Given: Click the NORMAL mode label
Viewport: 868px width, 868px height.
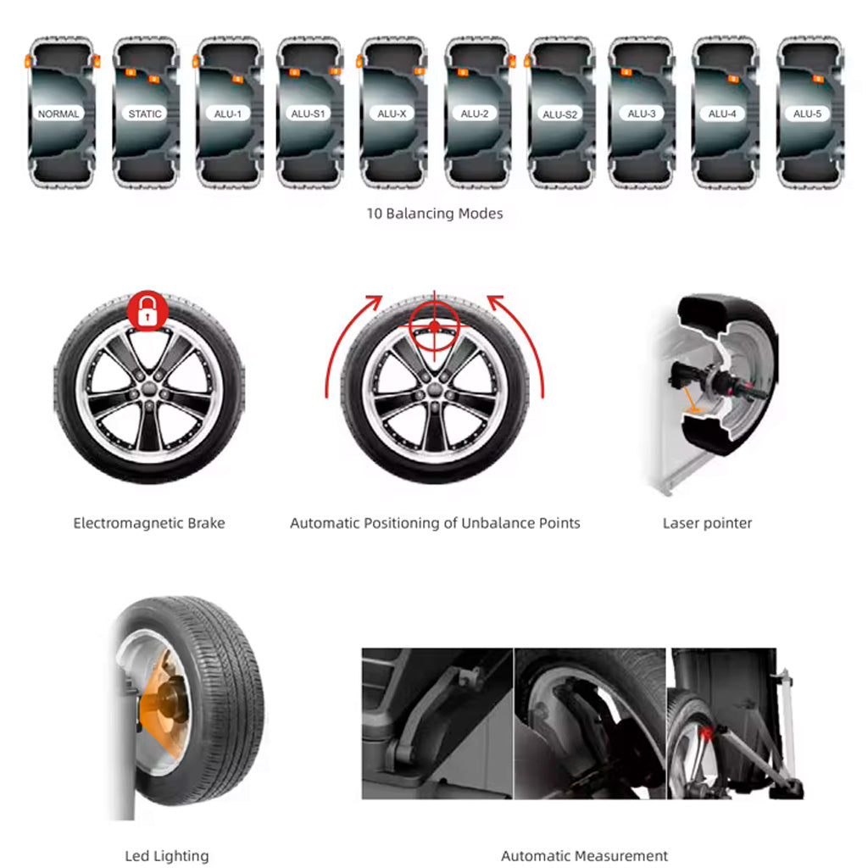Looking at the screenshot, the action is [58, 114].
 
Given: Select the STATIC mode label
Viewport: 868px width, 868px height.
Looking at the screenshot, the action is [144, 114].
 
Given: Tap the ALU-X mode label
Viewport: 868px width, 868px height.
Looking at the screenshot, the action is [392, 114].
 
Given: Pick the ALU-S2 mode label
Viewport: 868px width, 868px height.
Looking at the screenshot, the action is [559, 114].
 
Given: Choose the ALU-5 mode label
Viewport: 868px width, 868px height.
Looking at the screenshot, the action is [807, 114].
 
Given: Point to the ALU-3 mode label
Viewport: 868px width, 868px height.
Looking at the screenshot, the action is [642, 114].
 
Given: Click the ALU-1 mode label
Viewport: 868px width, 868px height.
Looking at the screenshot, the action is [227, 114].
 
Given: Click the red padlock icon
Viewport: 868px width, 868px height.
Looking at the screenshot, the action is [147, 310].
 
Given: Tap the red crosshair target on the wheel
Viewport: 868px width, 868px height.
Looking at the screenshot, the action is [435, 326].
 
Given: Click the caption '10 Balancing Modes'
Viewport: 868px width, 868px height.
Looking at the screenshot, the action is [435, 213].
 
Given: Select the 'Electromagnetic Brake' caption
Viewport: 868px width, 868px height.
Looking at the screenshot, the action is [149, 523].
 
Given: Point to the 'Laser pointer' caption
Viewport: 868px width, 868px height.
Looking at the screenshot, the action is [707, 523].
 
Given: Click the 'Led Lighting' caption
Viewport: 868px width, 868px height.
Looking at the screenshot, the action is [167, 856].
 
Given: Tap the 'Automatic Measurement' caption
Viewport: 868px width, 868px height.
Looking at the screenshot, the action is [584, 856].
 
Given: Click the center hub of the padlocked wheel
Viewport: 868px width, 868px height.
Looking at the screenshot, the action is [149, 388].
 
